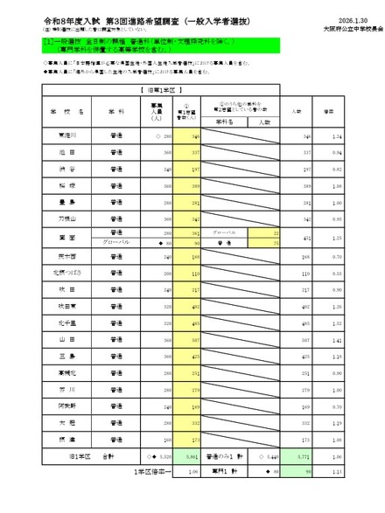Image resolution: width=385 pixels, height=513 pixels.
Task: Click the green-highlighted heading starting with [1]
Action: tap(131, 44)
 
